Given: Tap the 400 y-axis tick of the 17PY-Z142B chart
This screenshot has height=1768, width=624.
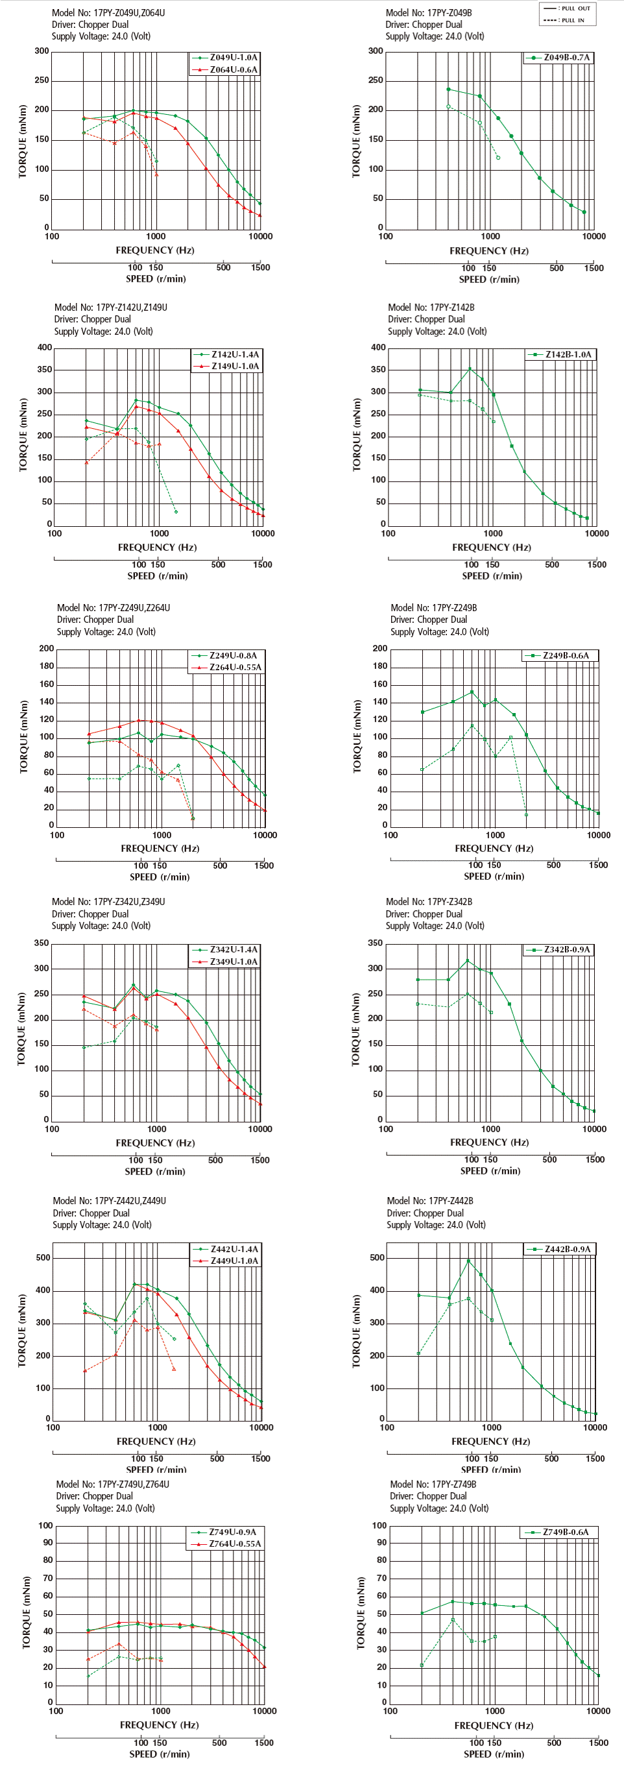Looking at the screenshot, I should [378, 347].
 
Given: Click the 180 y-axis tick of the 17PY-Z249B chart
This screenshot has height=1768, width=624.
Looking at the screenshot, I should [380, 666].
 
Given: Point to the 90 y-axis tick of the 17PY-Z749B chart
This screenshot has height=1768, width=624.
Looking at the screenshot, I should [379, 1543].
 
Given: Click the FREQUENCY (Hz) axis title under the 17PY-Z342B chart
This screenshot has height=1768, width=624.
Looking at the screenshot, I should [490, 1142].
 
